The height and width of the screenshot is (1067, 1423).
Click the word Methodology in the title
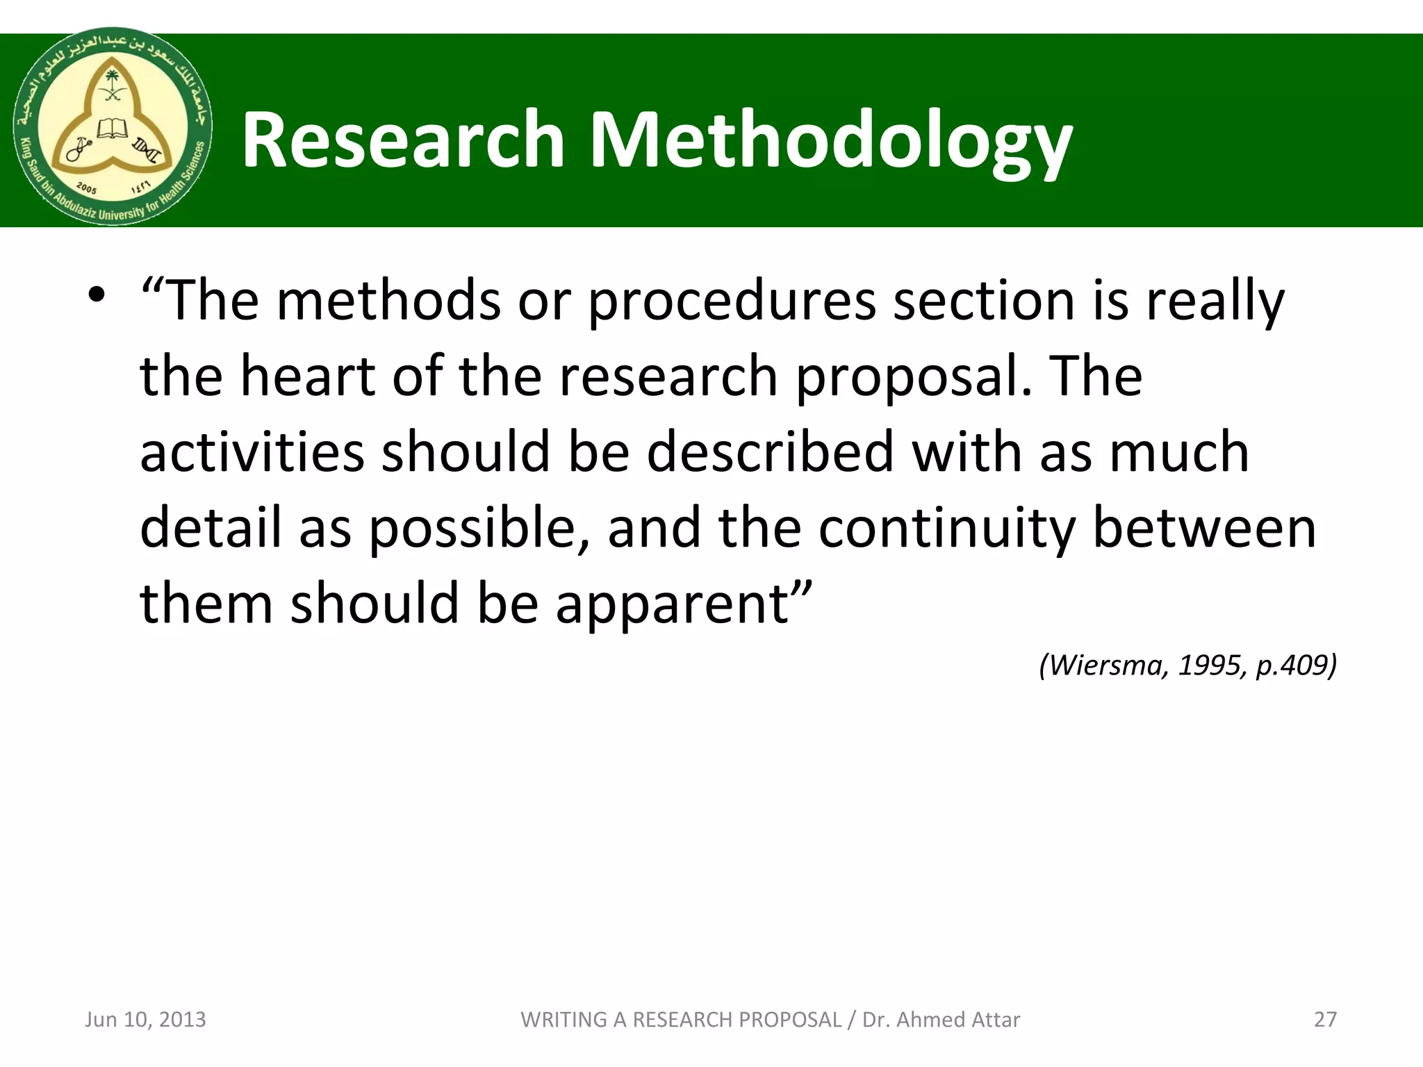pos(830,141)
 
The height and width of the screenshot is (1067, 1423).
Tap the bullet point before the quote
pos(96,295)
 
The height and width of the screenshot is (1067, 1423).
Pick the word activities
pos(252,452)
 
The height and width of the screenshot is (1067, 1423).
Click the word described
pos(770,452)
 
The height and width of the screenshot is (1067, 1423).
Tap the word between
pos(1204,528)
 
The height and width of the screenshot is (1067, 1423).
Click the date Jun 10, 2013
pos(145,1019)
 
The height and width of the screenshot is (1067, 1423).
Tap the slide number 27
pos(1325,1019)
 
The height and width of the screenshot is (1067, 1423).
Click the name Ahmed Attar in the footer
pos(958,1019)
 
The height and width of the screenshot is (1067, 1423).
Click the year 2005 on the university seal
pos(86,188)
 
